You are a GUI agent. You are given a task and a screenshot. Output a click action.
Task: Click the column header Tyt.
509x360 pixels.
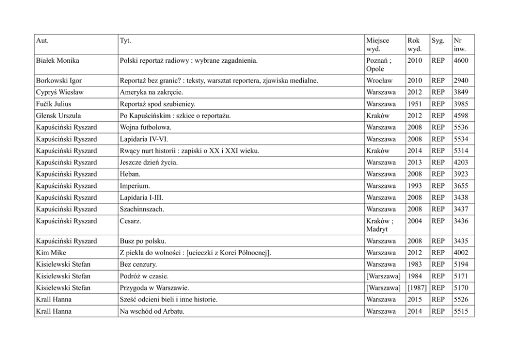pos(125,41)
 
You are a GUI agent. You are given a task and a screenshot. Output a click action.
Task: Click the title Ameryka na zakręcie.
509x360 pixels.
pos(151,92)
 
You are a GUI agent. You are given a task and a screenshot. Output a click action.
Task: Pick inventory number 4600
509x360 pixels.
pos(461,61)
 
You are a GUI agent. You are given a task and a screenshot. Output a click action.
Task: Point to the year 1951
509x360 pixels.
pos(414,104)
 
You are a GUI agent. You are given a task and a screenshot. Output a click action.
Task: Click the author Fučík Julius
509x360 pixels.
pos(54,104)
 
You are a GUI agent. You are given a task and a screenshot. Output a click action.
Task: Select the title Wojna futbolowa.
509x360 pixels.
pos(145,127)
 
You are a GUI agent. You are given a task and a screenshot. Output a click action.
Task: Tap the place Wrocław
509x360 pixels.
pos(379,81)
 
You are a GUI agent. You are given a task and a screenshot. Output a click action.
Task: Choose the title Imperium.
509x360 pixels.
pos(135,186)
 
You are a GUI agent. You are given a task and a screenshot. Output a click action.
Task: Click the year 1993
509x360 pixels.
pos(414,186)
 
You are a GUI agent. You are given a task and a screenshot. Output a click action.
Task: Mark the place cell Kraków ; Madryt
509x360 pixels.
pos(380,225)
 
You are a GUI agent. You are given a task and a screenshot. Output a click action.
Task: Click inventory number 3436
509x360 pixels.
pos(461,221)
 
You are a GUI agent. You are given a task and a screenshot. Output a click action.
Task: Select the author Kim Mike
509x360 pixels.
pos(51,253)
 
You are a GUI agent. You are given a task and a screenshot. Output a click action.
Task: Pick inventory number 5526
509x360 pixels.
pos(461,299)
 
